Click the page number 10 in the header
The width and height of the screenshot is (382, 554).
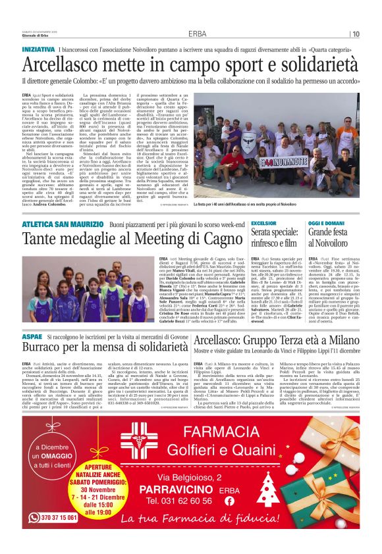tap(356, 34)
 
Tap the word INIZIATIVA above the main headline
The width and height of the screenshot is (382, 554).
tap(38, 49)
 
